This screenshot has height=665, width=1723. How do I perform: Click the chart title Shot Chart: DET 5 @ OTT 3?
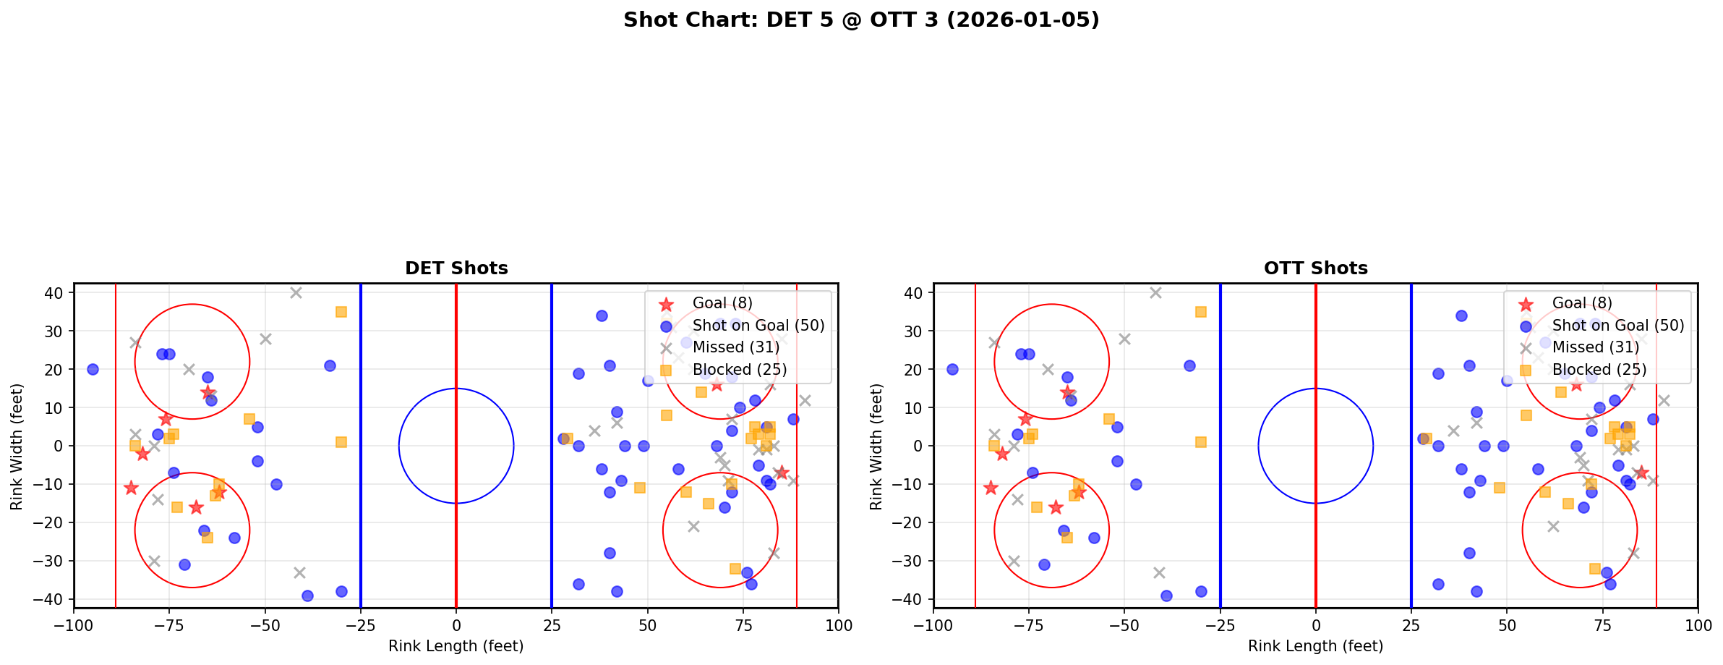click(x=861, y=20)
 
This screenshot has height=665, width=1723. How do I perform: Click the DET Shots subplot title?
click(x=456, y=268)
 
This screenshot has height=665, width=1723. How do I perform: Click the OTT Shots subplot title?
click(x=1315, y=268)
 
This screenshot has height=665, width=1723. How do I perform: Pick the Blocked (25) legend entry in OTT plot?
click(x=1599, y=370)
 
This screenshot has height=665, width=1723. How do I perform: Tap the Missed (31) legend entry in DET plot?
click(x=735, y=347)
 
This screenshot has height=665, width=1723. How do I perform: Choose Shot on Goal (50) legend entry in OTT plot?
click(x=1617, y=326)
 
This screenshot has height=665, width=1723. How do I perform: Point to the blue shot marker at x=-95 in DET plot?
click(x=93, y=369)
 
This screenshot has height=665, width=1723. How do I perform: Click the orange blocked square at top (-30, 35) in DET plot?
click(x=341, y=312)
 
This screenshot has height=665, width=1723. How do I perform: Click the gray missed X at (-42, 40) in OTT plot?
click(x=1155, y=292)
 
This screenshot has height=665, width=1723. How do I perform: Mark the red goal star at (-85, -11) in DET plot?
click(x=131, y=488)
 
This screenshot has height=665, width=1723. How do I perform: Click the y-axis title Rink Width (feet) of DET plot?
click(x=16, y=446)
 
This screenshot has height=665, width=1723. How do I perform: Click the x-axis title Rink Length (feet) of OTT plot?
click(x=1315, y=646)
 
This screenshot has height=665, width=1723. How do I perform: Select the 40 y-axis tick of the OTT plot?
click(x=913, y=292)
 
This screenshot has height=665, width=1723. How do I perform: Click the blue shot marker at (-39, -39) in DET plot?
click(x=307, y=596)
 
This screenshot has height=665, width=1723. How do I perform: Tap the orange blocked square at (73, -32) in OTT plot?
click(x=1594, y=569)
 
